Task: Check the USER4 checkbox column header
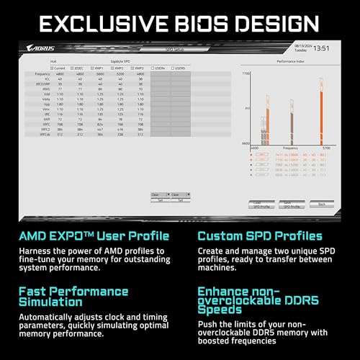(161, 68)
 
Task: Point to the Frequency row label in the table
(42, 74)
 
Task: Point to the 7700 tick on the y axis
(246, 74)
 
